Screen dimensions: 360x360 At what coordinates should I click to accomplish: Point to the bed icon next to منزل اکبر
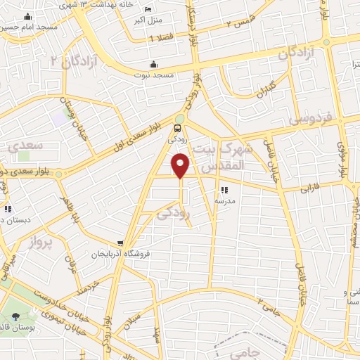coord(147,9)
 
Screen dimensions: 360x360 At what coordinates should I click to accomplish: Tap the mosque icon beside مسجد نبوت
coord(153,65)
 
